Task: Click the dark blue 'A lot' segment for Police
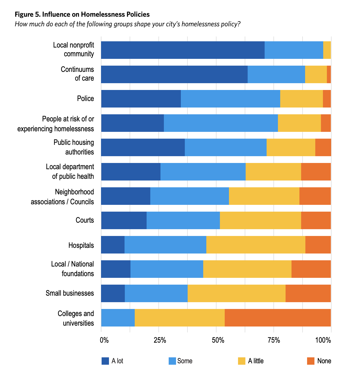point(141,99)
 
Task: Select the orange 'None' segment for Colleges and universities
point(278,318)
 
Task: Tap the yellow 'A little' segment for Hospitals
point(256,244)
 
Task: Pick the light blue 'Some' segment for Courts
point(183,220)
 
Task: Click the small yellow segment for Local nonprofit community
point(327,50)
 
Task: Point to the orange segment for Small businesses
point(308,293)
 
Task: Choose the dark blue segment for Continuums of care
point(174,74)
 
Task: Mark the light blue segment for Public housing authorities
point(226,147)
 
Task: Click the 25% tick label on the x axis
point(160,340)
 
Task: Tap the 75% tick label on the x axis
point(274,340)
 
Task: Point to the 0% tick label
point(104,340)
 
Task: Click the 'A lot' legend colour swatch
point(105,361)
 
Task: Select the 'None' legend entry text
point(324,361)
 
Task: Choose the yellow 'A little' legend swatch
point(241,361)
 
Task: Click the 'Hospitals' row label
point(81,245)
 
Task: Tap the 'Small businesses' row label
point(70,293)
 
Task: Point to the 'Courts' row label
point(85,220)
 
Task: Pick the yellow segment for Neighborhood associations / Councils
point(264,196)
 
